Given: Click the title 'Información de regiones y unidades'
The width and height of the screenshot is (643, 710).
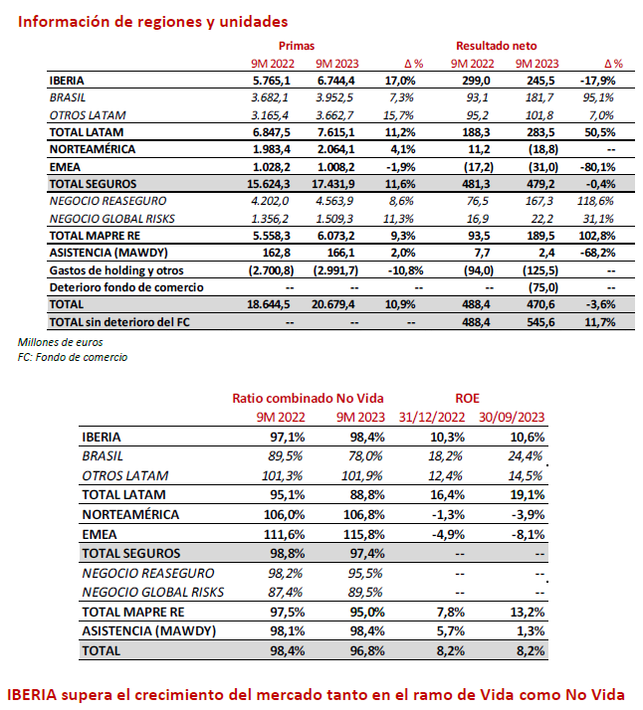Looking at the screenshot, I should coord(153,21).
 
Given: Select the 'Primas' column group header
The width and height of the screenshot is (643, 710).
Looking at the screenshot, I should coord(296,46).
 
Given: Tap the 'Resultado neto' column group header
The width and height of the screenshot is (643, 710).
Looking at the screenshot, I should coord(497,46).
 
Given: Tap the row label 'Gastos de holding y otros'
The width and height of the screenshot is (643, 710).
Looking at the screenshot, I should coord(119,270).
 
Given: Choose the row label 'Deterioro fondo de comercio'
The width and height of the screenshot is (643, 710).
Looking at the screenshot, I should coord(125,287).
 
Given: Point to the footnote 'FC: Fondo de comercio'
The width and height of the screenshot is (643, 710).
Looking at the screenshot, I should coord(73,357).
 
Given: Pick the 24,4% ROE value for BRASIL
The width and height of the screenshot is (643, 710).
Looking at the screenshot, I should coord(527,456).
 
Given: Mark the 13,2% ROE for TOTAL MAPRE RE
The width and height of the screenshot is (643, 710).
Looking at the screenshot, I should coord(527,612).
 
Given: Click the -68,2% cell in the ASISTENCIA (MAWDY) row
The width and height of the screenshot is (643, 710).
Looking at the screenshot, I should coord(599,254).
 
